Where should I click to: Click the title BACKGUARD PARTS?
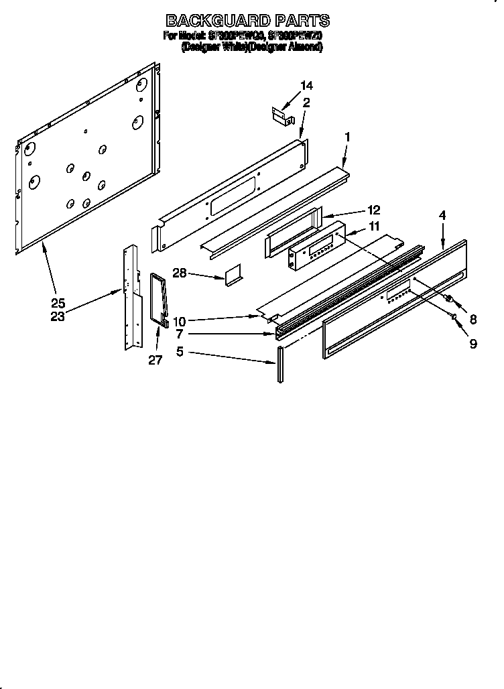tap(247, 20)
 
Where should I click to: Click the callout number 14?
tap(306, 86)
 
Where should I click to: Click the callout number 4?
tap(442, 215)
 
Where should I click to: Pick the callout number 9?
tap(473, 344)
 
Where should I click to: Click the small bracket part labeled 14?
tap(283, 115)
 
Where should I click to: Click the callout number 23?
tap(58, 317)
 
